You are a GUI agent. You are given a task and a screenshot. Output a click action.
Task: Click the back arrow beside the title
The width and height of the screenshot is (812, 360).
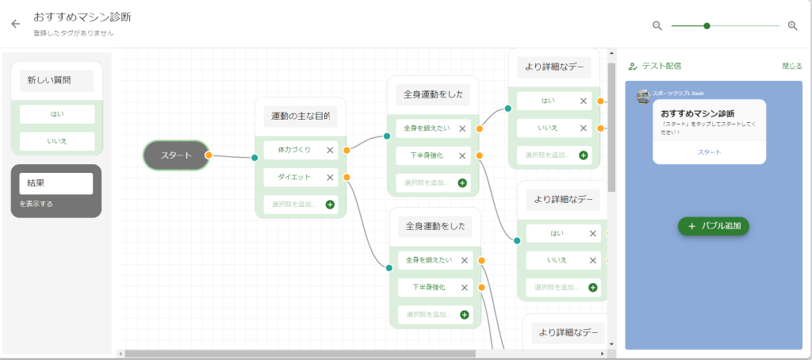15,24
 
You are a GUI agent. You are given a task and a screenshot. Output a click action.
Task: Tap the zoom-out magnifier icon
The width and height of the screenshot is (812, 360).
657,25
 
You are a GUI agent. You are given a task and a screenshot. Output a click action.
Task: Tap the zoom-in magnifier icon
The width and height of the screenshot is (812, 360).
792,25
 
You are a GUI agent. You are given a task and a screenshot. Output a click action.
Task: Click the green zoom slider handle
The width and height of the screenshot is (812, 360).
707,25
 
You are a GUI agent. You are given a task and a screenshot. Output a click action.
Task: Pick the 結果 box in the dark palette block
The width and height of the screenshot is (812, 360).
56,183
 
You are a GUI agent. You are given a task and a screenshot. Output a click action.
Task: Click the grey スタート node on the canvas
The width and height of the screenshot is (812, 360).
176,155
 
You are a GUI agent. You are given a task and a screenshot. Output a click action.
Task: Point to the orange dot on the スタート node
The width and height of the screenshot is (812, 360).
208,155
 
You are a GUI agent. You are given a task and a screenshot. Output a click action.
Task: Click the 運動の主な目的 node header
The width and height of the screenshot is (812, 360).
301,117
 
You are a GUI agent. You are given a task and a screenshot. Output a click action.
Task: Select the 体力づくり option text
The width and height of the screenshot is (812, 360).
294,150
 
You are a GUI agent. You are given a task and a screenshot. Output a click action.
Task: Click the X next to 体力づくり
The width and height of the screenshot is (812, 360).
330,150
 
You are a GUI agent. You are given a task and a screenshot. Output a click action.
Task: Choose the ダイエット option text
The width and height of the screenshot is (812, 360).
294,177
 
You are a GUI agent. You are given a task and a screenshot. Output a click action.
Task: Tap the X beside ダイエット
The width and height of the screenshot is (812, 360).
330,177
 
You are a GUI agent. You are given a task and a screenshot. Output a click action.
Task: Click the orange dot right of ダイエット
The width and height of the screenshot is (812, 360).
347,177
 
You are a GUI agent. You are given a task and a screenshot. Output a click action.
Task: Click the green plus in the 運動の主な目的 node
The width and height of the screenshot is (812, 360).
330,205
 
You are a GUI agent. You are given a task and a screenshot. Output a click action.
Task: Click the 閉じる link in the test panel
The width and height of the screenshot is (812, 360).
791,67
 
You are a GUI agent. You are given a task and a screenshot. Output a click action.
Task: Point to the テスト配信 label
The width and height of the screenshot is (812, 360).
661,67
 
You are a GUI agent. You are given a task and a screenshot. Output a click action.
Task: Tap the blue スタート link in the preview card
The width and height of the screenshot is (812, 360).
709,151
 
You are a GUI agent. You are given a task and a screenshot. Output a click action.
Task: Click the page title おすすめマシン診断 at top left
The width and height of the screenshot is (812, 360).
82,16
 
